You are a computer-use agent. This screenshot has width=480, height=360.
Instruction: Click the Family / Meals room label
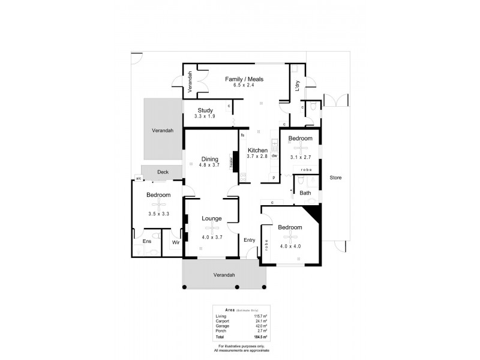point(244,79)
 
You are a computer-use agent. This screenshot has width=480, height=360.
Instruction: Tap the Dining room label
point(209,159)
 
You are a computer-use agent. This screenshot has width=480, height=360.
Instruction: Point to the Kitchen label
point(257,149)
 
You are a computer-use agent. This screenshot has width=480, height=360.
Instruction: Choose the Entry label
point(249,240)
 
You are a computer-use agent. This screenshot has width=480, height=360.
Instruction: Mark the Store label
point(335,178)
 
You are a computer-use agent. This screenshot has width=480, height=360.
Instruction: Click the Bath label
point(305,193)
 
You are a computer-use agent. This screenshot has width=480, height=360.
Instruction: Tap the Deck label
point(163,172)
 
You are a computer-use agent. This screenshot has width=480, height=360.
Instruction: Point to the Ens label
point(146,242)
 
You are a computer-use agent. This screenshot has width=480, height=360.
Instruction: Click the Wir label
point(176,242)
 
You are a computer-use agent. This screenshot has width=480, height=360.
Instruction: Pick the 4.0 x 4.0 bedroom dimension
point(290,246)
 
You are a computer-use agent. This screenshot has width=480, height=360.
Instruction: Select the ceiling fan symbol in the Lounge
point(212,227)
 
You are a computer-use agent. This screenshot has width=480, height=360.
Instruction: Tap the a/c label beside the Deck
point(138,178)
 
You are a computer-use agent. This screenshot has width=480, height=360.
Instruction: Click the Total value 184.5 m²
point(260,337)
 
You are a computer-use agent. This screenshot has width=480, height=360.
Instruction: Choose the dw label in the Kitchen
point(273,155)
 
